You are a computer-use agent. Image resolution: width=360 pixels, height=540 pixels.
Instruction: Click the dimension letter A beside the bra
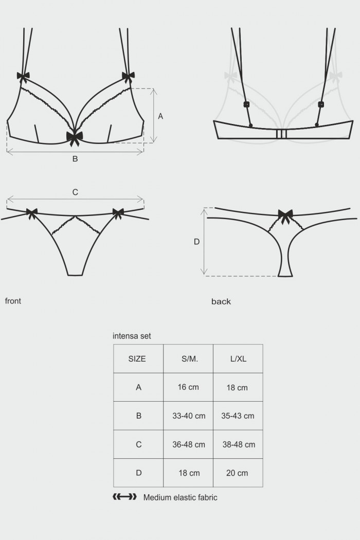160,117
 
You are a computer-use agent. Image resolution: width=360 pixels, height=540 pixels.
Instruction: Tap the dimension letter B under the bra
75,159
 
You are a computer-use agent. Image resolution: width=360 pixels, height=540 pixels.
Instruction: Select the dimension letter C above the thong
75,192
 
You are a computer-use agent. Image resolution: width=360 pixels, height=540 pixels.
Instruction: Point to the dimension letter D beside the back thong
196,241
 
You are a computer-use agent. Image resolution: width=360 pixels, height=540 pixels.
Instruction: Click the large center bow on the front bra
75,137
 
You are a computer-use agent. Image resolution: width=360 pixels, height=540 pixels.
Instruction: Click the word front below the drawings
13,301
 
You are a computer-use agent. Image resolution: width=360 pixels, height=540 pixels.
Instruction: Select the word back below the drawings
221,301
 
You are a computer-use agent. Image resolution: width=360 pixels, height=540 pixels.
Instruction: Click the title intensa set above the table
132,336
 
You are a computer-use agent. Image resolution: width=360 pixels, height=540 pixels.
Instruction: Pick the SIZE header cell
137,359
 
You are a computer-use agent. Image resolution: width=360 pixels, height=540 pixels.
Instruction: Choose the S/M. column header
189,359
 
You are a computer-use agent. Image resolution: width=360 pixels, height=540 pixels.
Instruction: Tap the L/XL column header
237,359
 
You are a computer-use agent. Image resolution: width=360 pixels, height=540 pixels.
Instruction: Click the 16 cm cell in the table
189,387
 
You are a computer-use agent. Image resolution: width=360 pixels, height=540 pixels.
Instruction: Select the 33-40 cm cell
189,416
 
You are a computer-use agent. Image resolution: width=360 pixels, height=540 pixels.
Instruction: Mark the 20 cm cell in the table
237,473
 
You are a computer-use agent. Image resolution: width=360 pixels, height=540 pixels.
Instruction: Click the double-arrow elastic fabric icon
124,497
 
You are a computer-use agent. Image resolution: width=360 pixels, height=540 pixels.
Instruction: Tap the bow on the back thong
285,214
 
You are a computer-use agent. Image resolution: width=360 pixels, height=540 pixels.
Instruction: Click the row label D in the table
138,473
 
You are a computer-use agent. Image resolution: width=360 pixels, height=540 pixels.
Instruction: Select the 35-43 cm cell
238,416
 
